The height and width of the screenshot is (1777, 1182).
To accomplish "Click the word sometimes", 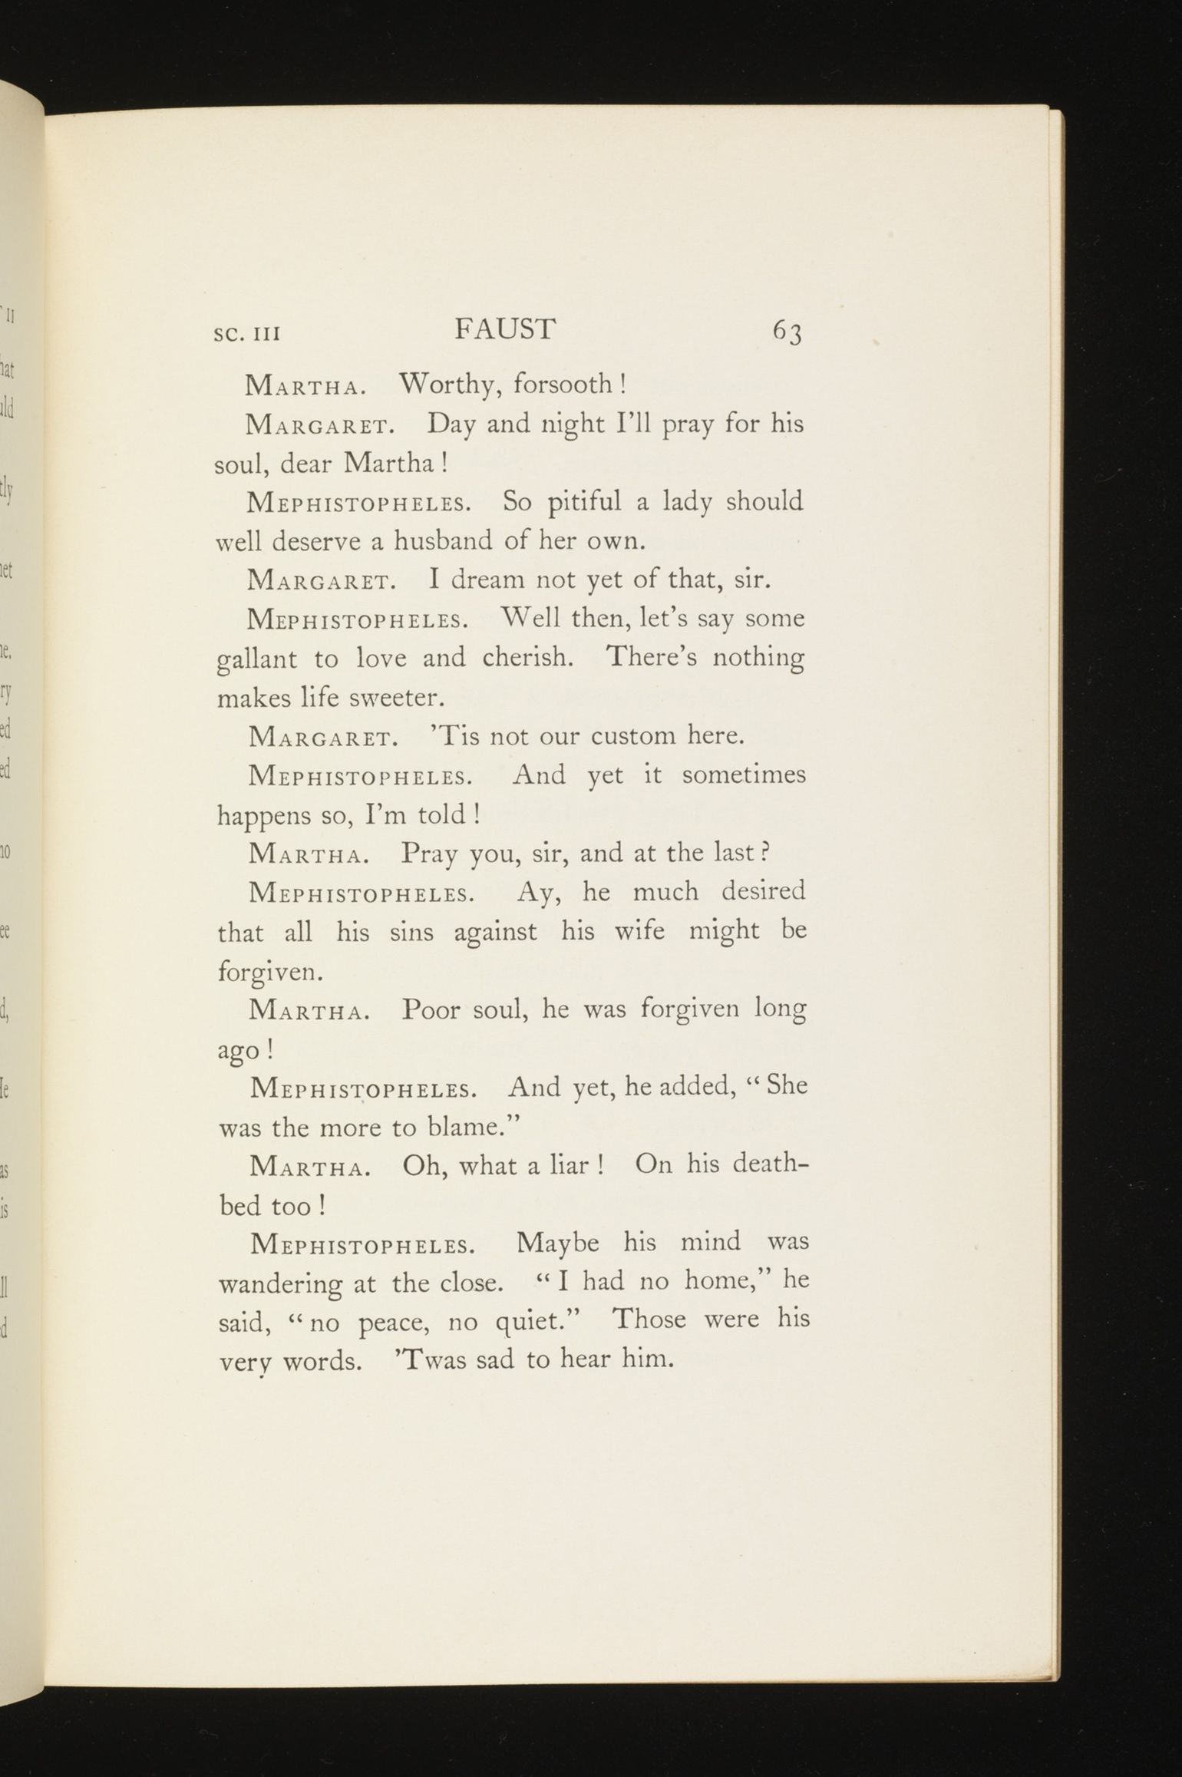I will click(744, 775).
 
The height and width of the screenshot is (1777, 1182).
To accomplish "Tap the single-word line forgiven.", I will click(268, 973).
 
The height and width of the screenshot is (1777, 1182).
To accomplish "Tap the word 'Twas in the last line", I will click(428, 1360).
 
